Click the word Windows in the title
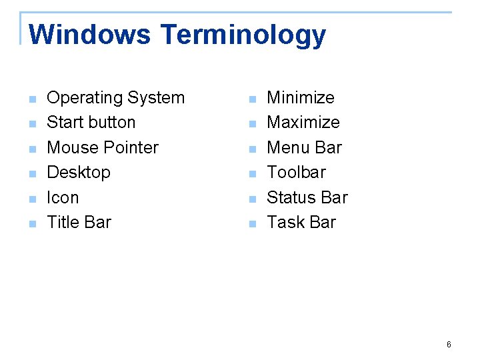coord(90,35)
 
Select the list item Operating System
coord(115,98)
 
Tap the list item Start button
coord(91,123)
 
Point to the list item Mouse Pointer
coord(103,147)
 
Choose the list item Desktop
coord(79,172)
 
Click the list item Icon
coord(63,197)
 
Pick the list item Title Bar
coord(79,222)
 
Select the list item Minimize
coord(301,98)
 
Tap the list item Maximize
coord(303,123)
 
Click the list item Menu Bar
coord(304,147)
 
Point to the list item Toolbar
coord(296,172)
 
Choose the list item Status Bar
coord(307,197)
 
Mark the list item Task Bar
coord(301,222)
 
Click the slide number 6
coord(449,345)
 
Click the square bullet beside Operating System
coord(31,100)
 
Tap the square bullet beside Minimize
coord(251,100)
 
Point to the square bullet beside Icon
coord(31,199)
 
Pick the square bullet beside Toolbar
coord(251,175)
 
